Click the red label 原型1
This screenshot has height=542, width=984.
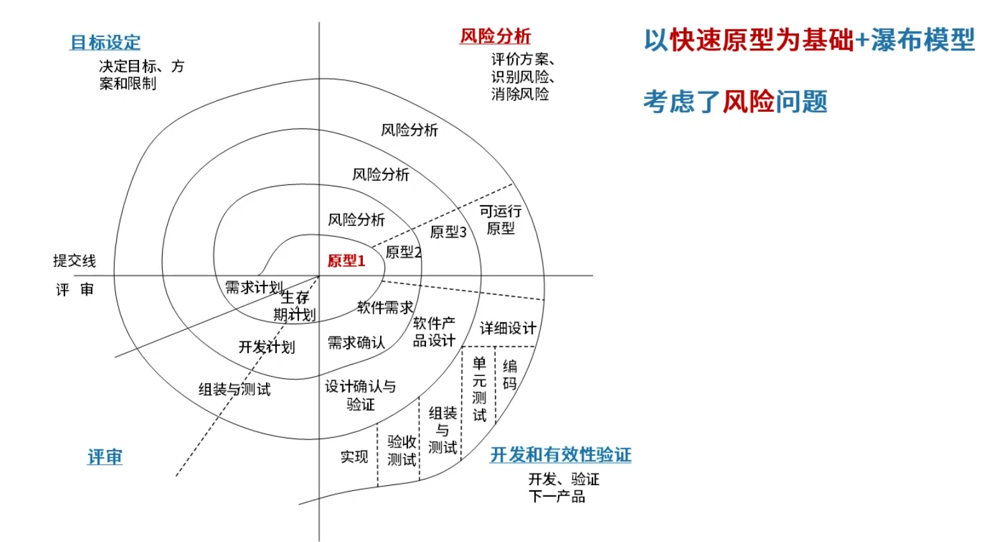coord(346,260)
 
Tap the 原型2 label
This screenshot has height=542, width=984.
coord(403,252)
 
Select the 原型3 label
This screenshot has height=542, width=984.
coord(448,232)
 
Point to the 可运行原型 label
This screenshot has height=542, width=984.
coord(501,220)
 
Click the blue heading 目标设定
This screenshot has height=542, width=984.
coord(105,43)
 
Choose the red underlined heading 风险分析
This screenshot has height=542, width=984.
coord(496,36)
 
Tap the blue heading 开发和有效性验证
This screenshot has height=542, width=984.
coord(561,455)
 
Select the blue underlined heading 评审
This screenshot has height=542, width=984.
coord(105,457)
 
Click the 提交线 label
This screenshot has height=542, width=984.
coord(74,260)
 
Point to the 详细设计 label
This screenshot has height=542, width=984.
coord(508,328)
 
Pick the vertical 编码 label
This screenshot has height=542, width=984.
coord(510,375)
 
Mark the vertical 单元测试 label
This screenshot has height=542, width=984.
coord(479,389)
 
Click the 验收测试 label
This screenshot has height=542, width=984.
coord(402,450)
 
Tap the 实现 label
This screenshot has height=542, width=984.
coord(354,456)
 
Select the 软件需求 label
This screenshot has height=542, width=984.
coord(385,308)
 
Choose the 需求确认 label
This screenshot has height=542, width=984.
coord(356,343)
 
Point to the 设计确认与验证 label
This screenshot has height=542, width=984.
coord(360,395)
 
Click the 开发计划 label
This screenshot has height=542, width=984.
coord(267,347)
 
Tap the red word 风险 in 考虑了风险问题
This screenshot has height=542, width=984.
coord(748,102)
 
